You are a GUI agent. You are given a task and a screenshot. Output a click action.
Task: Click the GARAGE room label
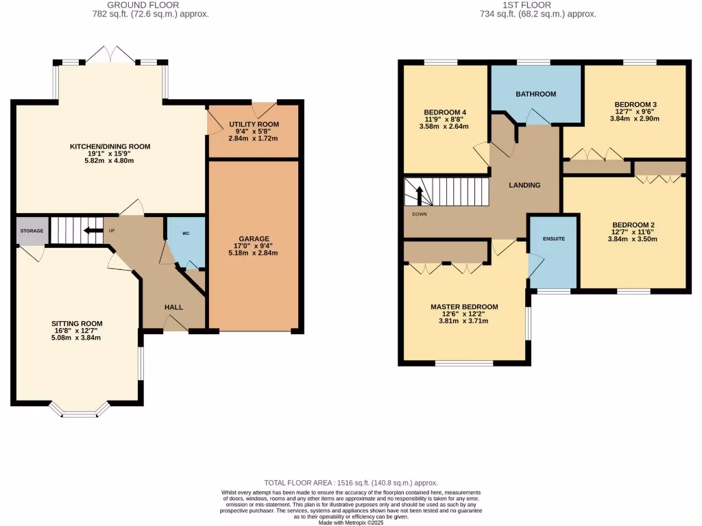pyautogui.click(x=254, y=239)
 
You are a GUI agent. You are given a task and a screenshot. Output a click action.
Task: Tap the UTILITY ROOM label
pyautogui.click(x=254, y=123)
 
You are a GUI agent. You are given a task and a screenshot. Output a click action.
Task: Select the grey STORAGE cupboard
pyautogui.click(x=32, y=231)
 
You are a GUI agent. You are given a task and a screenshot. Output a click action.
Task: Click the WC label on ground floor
pyautogui.click(x=186, y=234)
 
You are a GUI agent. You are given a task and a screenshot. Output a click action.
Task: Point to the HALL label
pyautogui.click(x=173, y=307)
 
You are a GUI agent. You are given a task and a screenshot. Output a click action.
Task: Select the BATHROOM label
pyautogui.click(x=535, y=94)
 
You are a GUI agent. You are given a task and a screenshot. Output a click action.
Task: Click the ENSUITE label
pyautogui.click(x=553, y=239)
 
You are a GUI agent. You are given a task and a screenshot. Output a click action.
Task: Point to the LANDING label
pyautogui.click(x=524, y=185)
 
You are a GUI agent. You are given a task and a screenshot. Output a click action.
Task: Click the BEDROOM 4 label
pyautogui.click(x=444, y=112)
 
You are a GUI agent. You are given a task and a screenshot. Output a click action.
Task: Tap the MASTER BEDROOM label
pyautogui.click(x=464, y=307)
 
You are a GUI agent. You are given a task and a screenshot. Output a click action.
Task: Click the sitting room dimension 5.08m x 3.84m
pyautogui.click(x=77, y=338)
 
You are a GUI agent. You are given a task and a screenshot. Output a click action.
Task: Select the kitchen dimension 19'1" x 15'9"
pyautogui.click(x=110, y=154)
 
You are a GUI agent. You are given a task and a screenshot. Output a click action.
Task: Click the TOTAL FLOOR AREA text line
pyautogui.click(x=350, y=483)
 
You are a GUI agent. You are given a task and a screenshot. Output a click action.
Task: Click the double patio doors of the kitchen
pyautogui.click(x=110, y=55)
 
